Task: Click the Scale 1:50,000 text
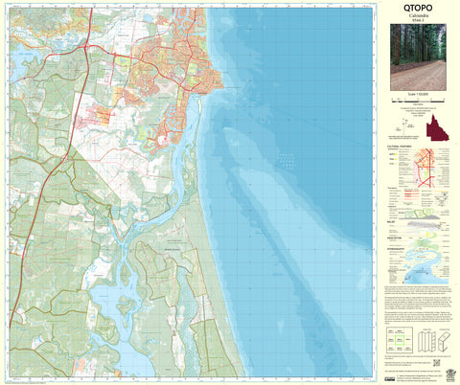pos(417,98)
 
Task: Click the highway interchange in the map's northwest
pos(89,48)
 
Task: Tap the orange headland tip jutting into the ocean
pos(222,89)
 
